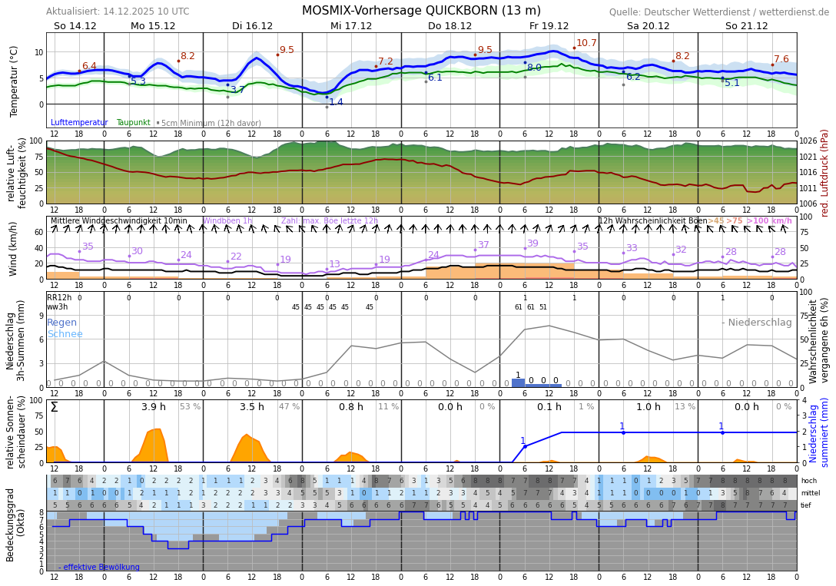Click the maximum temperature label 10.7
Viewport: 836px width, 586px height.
(586, 43)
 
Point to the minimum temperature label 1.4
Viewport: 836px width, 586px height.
(336, 102)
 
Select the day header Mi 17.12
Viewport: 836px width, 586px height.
(351, 26)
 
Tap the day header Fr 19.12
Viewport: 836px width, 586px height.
(549, 26)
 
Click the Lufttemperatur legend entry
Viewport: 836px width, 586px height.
(79, 123)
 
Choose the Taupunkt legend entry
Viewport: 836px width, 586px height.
(134, 123)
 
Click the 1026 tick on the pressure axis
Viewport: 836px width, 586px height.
(808, 141)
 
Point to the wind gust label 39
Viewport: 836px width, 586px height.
(532, 243)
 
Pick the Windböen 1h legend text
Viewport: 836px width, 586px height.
(227, 221)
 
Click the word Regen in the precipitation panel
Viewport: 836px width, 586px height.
(61, 323)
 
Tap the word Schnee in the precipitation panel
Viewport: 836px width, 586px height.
(65, 334)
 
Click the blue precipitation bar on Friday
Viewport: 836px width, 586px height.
(518, 382)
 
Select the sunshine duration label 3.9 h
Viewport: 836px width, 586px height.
(154, 407)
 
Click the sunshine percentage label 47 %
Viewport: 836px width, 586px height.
(289, 407)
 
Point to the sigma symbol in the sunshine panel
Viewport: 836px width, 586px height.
(54, 407)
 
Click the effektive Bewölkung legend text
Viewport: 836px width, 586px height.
(99, 568)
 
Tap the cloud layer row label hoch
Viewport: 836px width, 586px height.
(808, 481)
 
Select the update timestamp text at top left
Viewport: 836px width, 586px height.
(118, 12)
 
